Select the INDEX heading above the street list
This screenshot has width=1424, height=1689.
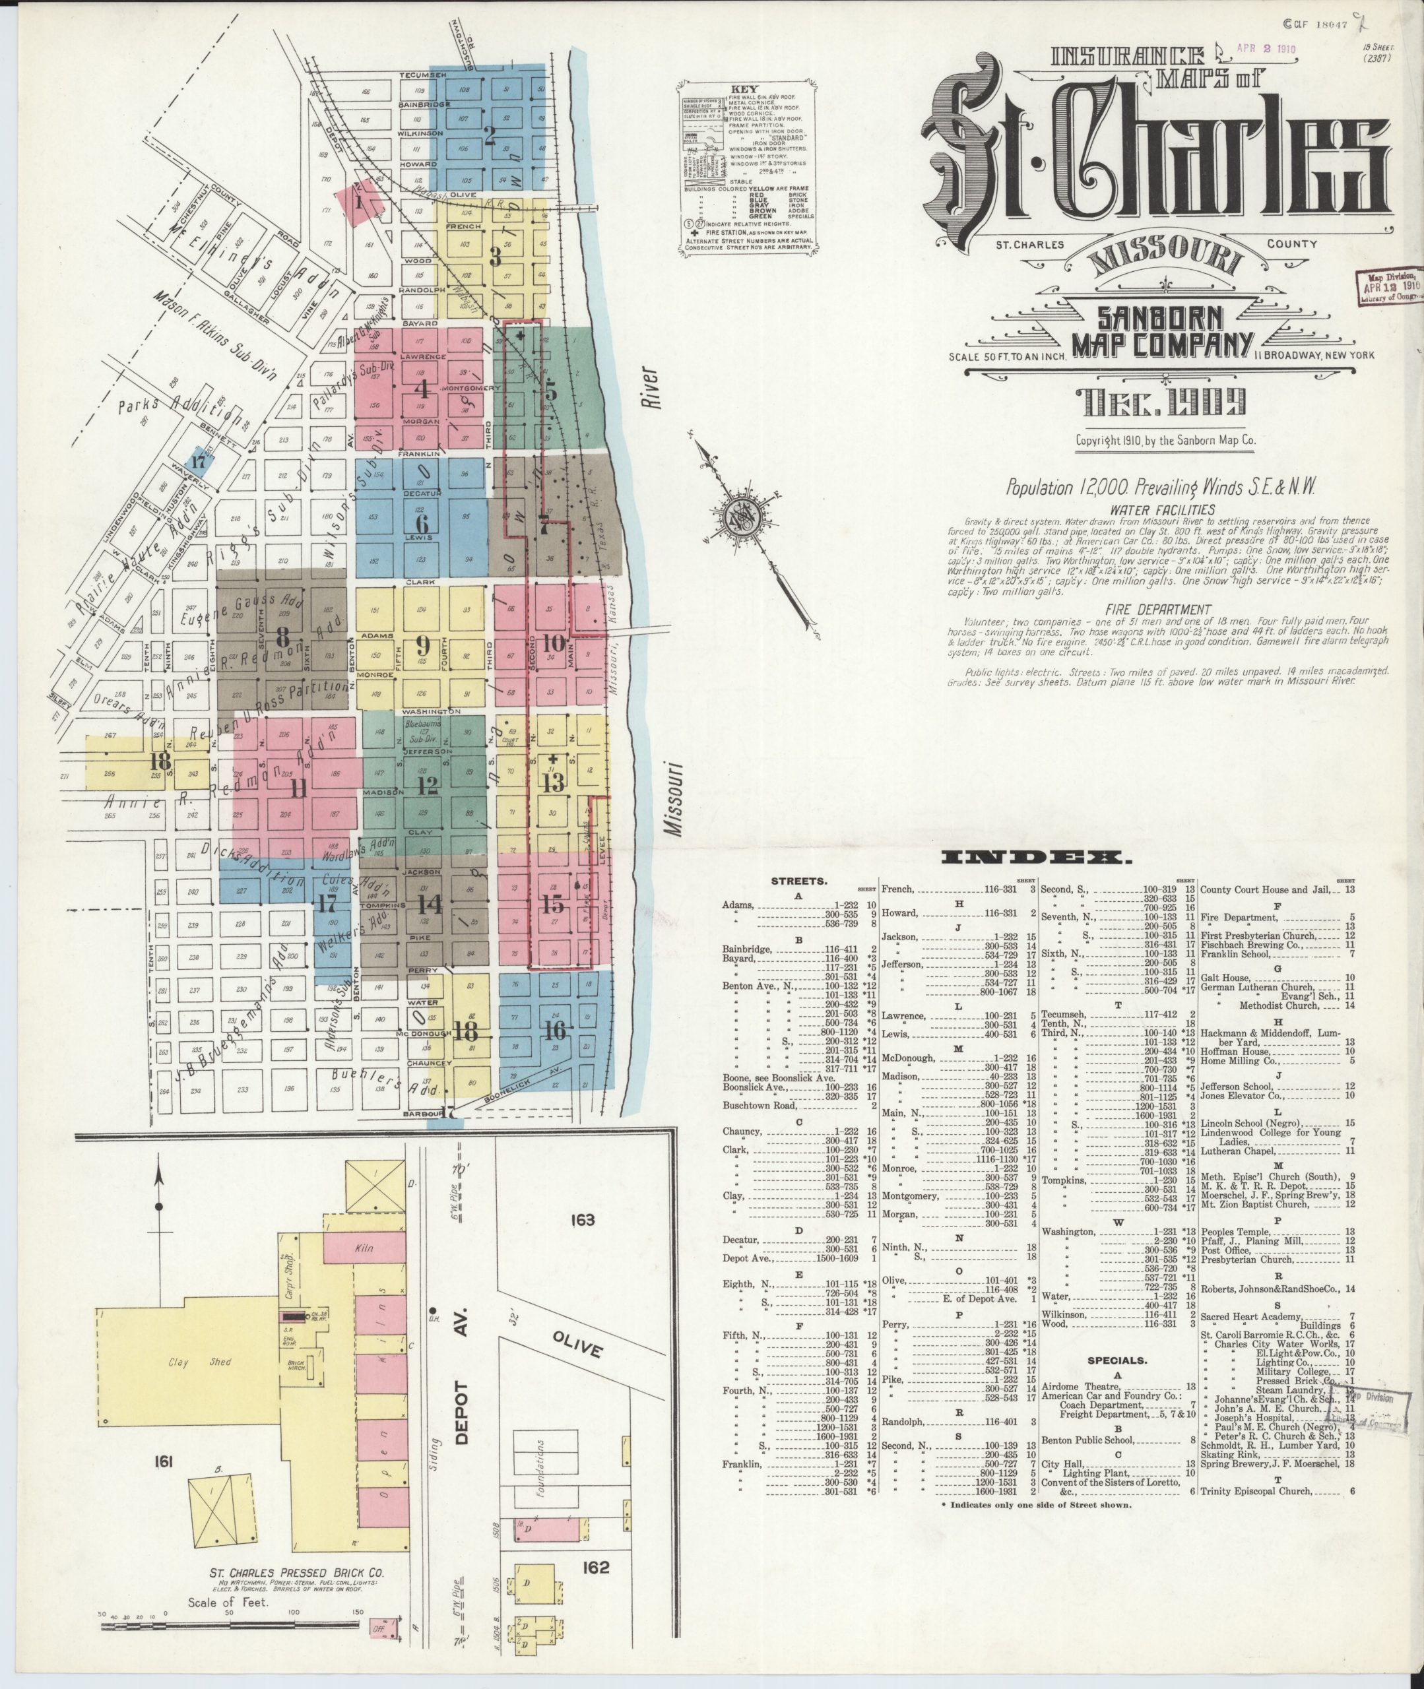pos(1039,857)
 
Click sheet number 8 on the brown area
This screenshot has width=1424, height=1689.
pos(282,633)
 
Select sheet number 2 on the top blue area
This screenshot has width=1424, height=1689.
pos(489,135)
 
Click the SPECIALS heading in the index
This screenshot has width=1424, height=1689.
pos(1117,1360)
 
